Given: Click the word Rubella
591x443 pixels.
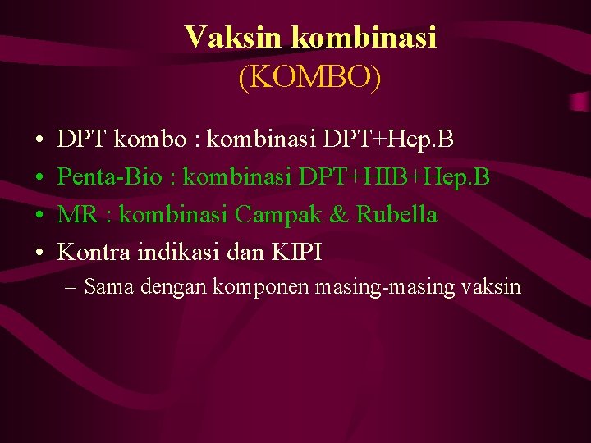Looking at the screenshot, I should [397, 214].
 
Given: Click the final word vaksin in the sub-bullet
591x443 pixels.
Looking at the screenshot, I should [492, 287].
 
